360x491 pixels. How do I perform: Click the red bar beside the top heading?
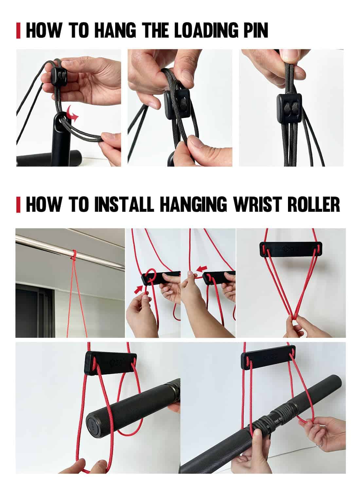[x=18, y=30]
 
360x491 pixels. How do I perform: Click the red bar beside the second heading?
[x=18, y=204]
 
